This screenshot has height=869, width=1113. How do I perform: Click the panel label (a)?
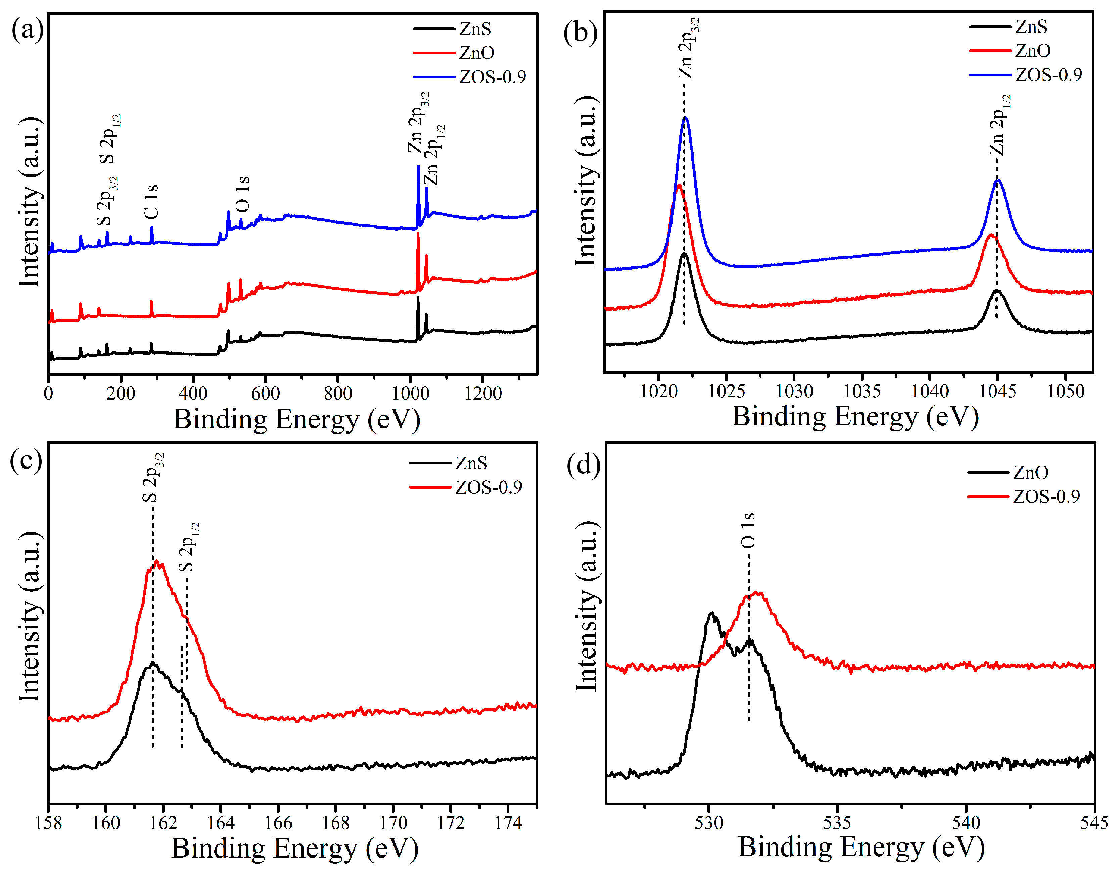[x=27, y=30]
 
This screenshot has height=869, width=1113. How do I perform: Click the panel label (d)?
[x=584, y=465]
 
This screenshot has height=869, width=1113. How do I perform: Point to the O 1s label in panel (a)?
[x=242, y=194]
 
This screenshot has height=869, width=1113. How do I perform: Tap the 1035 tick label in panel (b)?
[x=862, y=391]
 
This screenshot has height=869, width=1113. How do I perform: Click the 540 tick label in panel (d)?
[x=966, y=823]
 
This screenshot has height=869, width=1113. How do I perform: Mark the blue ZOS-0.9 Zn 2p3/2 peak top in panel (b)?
[x=686, y=118]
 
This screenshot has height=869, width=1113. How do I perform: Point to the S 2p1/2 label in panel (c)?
[x=189, y=547]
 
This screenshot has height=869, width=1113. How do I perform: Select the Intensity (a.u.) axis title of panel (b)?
[x=587, y=181]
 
